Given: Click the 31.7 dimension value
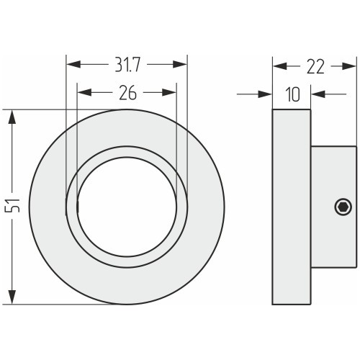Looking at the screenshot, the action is tap(127, 65).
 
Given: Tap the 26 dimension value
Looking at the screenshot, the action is tap(128, 93).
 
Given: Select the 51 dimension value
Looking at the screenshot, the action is tap(12, 205).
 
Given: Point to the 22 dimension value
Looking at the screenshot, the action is tap(315, 67).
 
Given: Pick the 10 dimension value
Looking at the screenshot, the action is tap(293, 94).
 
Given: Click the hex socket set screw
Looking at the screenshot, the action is tap(343, 207).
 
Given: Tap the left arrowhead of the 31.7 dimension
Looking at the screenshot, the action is tap(73, 64).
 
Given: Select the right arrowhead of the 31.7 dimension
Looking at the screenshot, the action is tap(180, 64).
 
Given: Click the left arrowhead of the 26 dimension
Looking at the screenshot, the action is tap(84, 92).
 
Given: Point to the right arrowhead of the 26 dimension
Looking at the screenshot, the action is tap(169, 92).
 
